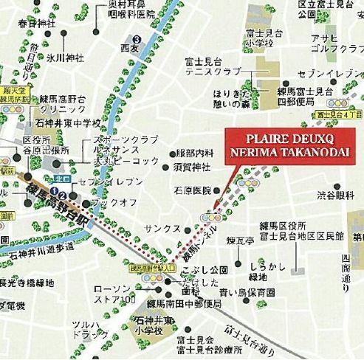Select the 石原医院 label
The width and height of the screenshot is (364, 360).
(x=192, y=190)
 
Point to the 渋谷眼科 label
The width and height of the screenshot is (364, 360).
(x=336, y=195)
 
